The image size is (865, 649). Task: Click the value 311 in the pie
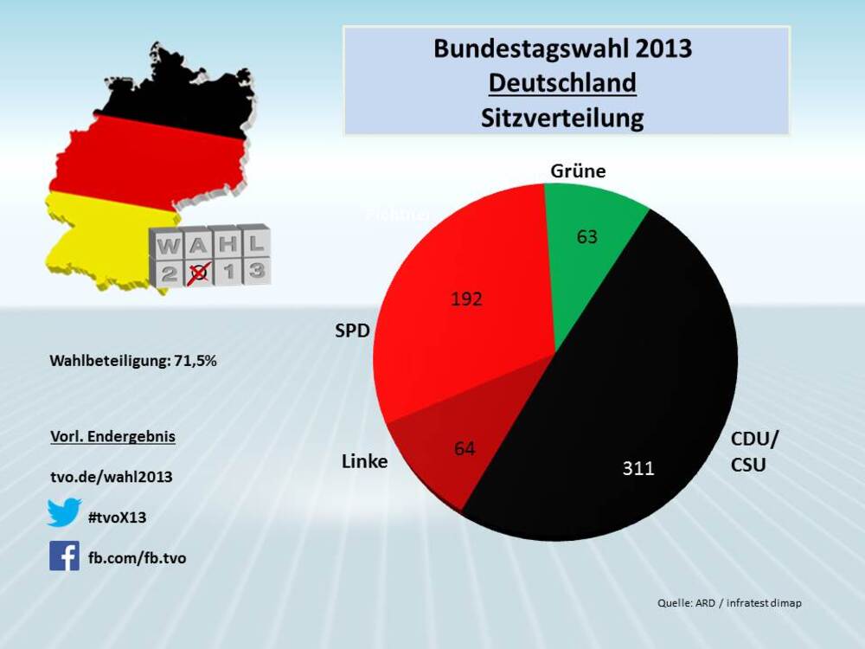click(638, 468)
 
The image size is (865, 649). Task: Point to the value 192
click(466, 299)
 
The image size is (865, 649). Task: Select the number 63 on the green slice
click(587, 236)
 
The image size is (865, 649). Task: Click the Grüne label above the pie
click(578, 170)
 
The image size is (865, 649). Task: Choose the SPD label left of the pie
click(353, 331)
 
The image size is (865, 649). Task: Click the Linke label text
click(365, 461)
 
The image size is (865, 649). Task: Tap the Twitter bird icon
click(64, 513)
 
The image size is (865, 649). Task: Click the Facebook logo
click(64, 556)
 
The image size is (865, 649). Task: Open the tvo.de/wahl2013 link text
click(112, 477)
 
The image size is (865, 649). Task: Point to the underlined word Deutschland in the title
click(562, 83)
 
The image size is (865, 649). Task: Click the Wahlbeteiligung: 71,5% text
click(133, 361)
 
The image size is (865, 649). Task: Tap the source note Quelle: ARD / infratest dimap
click(729, 602)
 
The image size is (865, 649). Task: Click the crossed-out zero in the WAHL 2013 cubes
click(198, 272)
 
